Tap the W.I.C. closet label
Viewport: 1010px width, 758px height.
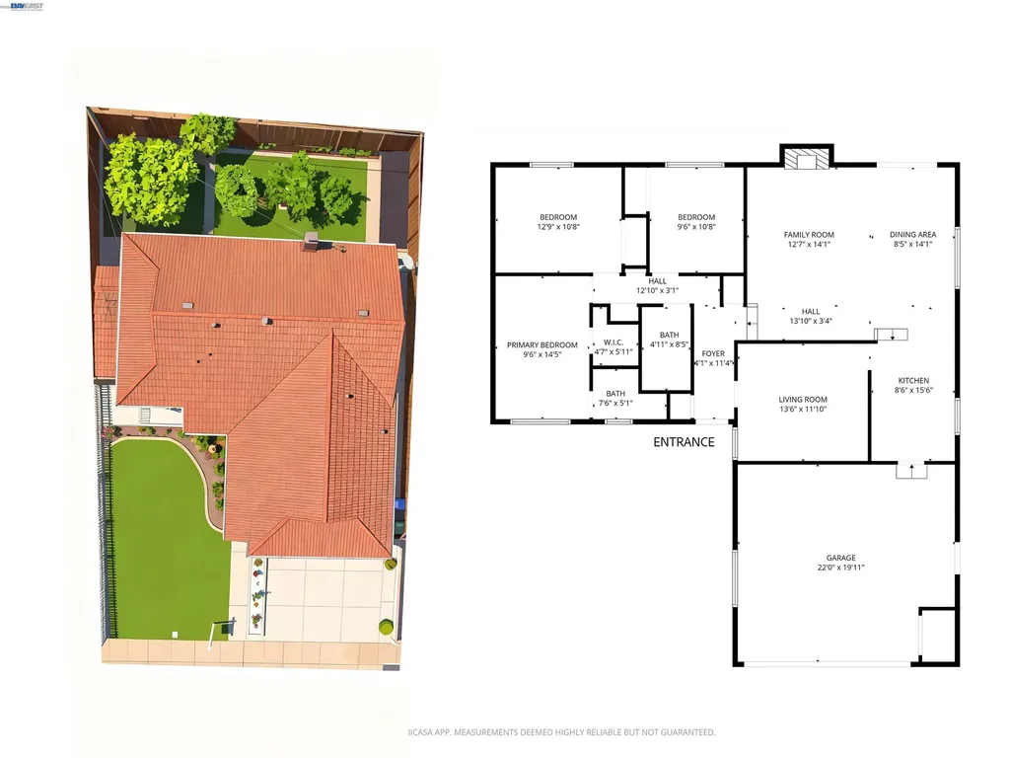613,346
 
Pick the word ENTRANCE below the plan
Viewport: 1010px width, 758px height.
684,442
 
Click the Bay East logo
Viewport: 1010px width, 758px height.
26,6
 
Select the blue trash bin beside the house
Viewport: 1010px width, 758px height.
399,507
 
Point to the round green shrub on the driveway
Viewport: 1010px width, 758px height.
386,627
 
